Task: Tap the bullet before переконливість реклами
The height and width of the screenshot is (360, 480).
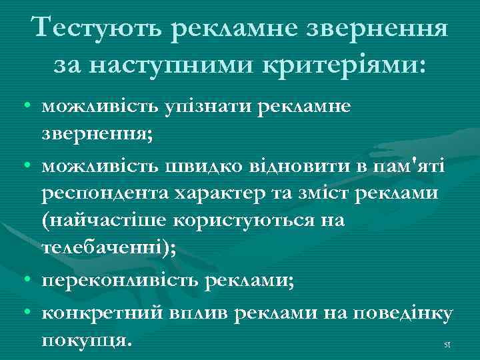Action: pyautogui.click(x=24, y=281)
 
